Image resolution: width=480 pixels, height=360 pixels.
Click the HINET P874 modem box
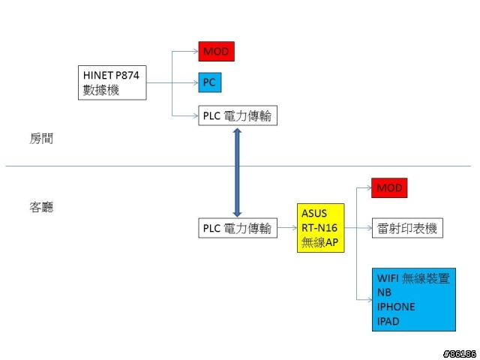tap(112, 82)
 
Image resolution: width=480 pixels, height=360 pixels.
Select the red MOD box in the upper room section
tap(217, 52)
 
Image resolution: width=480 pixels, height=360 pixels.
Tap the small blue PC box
tap(210, 82)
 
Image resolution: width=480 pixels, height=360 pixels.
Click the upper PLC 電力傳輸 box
tap(238, 115)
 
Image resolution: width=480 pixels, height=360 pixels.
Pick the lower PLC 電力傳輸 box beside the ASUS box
tap(238, 228)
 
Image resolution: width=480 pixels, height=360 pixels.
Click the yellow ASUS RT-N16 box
tap(321, 228)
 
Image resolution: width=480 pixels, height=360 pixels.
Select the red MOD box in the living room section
tap(389, 187)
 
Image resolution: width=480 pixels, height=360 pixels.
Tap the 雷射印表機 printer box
tap(407, 228)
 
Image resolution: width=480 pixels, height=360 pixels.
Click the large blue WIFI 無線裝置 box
tap(414, 300)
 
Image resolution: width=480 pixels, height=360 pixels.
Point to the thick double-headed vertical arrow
tap(237, 172)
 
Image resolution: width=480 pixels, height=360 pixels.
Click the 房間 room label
tap(41, 139)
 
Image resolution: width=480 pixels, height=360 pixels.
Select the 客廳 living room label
tap(41, 207)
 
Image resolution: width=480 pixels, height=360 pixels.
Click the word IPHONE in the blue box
tap(396, 307)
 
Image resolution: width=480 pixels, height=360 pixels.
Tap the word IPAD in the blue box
tap(388, 322)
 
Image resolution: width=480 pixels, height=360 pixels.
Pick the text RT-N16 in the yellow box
tap(319, 228)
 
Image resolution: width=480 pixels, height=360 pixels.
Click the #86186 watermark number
tap(460, 354)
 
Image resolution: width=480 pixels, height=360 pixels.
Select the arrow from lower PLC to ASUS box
tap(287, 228)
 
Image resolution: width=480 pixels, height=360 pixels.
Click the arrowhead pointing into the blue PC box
tap(196, 82)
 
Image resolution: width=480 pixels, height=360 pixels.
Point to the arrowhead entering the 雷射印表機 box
tap(369, 228)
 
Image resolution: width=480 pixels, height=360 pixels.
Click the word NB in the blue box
tap(384, 292)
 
